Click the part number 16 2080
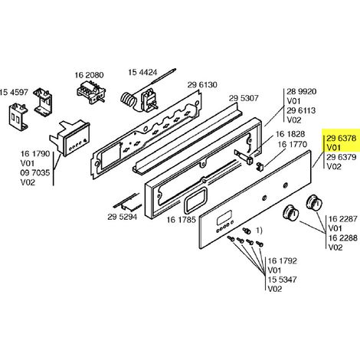89,75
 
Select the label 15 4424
142,72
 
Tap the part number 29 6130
202,85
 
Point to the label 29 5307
244,98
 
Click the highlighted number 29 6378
342,138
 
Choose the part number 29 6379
342,157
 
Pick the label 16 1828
290,134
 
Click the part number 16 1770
293,145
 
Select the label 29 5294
123,217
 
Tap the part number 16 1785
182,220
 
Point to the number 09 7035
35,173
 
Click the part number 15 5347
282,280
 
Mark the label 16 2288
343,237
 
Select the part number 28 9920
301,91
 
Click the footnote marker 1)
259,231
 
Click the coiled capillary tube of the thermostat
128,100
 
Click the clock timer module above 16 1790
70,138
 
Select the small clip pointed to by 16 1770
260,165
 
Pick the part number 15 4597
14,92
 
